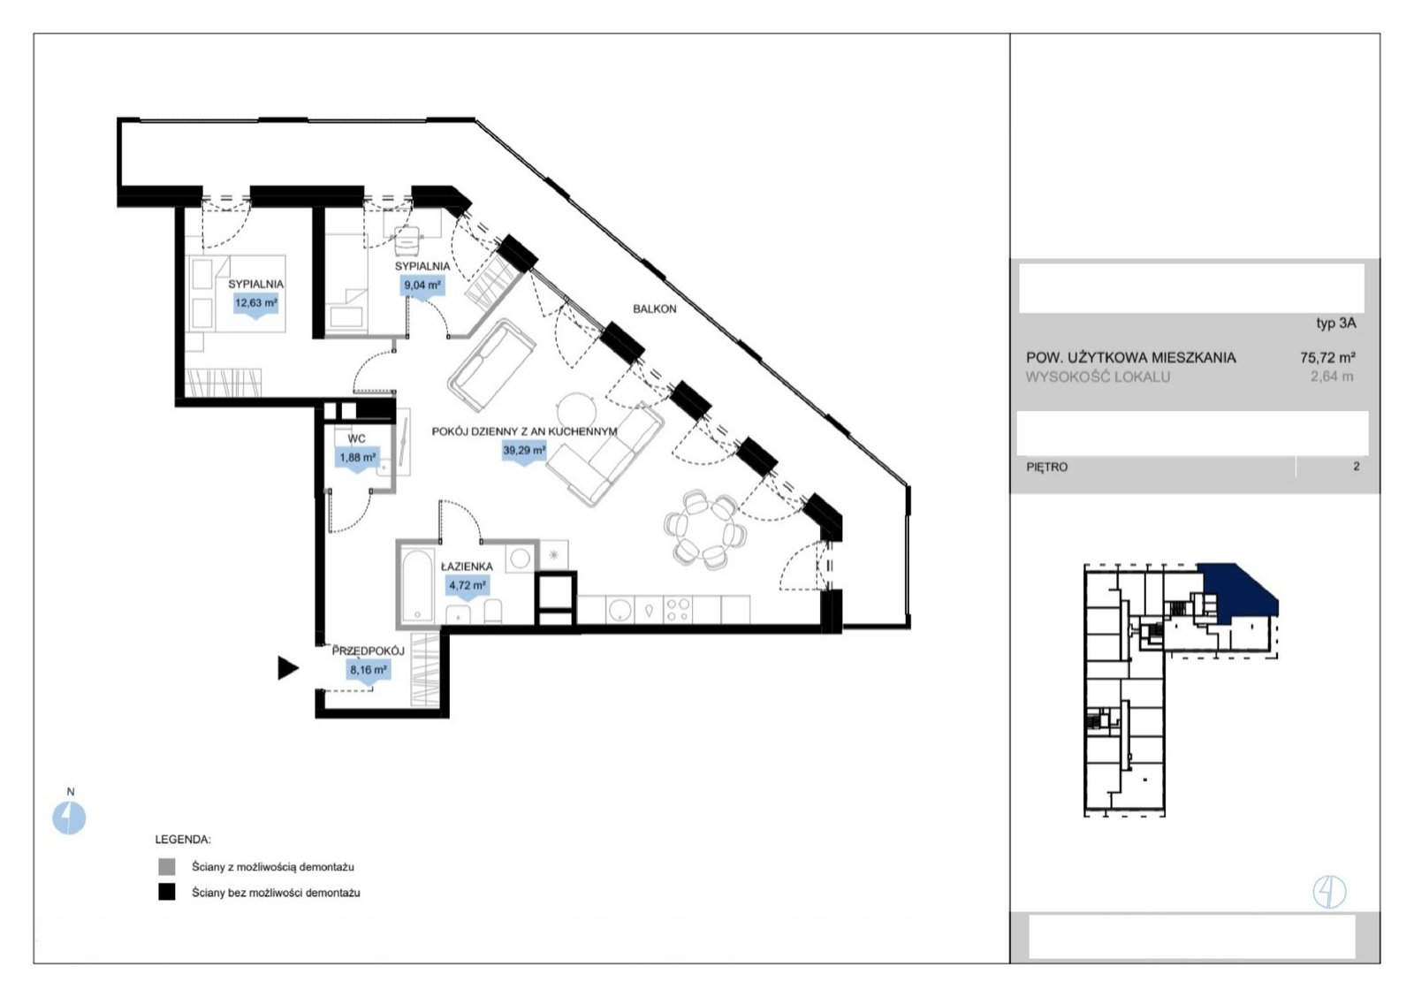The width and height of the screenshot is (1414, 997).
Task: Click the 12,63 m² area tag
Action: tap(255, 303)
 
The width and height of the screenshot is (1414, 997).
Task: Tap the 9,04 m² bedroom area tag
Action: tap(422, 285)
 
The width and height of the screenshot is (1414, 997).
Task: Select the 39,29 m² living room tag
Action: tap(524, 451)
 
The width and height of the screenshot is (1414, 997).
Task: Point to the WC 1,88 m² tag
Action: tap(358, 458)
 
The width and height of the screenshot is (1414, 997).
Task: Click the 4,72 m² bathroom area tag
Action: tap(468, 586)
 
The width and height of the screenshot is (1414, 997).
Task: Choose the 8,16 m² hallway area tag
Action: tap(368, 671)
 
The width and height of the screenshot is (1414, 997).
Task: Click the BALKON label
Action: tap(655, 308)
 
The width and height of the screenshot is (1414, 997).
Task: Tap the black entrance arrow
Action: tap(287, 668)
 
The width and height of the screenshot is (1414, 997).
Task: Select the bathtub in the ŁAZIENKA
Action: tap(417, 585)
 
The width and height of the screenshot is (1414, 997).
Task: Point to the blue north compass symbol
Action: tap(69, 818)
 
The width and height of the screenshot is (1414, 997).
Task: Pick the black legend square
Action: tap(167, 892)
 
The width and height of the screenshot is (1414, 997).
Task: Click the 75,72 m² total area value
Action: tap(1328, 357)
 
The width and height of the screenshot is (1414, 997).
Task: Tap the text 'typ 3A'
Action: tap(1336, 323)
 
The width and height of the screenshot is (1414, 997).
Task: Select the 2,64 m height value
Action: tap(1332, 377)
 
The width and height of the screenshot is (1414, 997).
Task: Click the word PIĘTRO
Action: tap(1046, 468)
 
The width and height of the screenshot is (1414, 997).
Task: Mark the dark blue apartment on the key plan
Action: tap(1238, 594)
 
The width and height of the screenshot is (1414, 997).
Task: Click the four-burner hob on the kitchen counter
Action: tap(678, 610)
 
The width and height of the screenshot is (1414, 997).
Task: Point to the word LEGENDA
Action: tap(183, 840)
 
